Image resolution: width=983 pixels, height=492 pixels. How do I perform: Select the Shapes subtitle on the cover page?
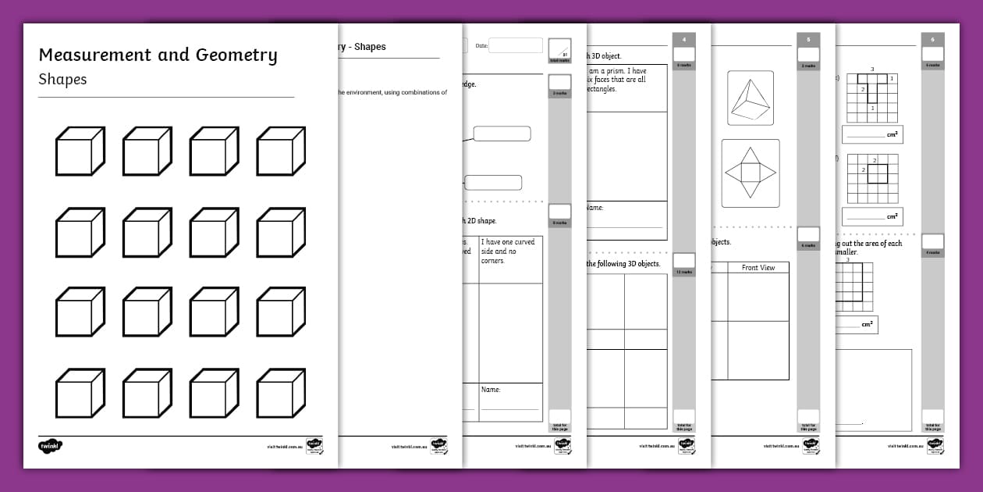[x=62, y=80]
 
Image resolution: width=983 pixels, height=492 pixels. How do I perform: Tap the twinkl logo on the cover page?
[x=50, y=446]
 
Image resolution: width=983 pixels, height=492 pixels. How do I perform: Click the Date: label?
[x=481, y=46]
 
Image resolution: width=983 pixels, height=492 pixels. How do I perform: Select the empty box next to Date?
[x=515, y=46]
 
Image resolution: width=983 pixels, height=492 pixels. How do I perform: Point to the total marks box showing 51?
[x=559, y=49]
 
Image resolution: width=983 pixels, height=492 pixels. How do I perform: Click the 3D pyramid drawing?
[x=750, y=98]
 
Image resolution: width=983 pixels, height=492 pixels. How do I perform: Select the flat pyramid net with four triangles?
[x=750, y=173]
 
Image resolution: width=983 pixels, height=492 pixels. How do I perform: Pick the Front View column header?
[x=758, y=268]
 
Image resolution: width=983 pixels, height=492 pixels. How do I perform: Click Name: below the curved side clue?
[x=491, y=390]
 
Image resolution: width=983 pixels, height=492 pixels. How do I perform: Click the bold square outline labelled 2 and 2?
[x=877, y=173]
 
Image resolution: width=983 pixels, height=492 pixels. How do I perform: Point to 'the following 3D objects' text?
[x=623, y=264]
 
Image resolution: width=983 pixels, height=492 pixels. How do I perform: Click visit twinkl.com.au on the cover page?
[x=284, y=447]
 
